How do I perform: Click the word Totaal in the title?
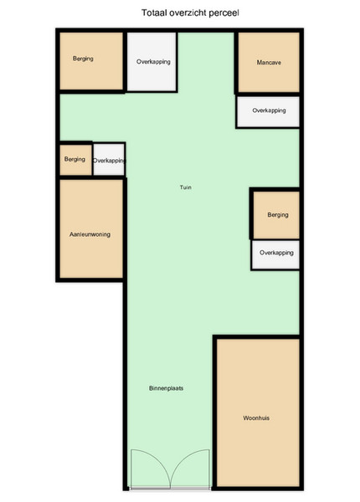(x=152, y=13)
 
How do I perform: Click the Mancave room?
(x=269, y=62)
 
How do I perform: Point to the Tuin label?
(x=186, y=187)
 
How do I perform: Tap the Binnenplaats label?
(x=167, y=388)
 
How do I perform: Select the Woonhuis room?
(x=258, y=412)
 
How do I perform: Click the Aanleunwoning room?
(x=91, y=229)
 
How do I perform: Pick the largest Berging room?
(x=91, y=61)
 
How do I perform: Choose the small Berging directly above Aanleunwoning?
(x=75, y=160)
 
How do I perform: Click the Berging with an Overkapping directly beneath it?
(x=276, y=215)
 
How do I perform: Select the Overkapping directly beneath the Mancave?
(x=268, y=111)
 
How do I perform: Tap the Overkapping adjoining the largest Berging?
(x=152, y=61)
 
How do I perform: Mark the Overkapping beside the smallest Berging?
(x=109, y=160)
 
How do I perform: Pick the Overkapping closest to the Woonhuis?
(x=275, y=254)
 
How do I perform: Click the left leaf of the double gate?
(x=150, y=469)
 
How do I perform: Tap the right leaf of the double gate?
(x=190, y=469)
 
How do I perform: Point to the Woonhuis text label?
(x=256, y=417)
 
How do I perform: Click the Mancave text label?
(x=269, y=63)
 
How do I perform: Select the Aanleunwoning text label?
(x=90, y=234)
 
